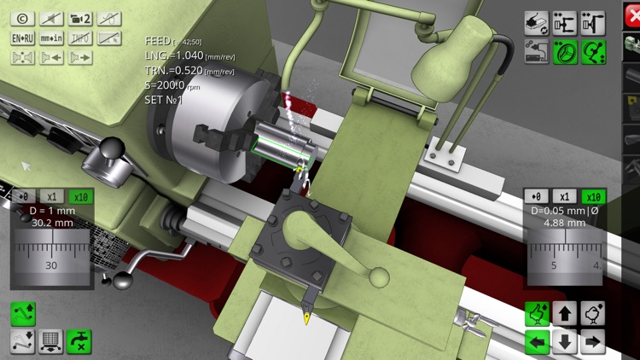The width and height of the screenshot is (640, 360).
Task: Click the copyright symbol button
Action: coord(22,19)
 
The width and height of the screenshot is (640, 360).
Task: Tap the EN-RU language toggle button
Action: coord(22,38)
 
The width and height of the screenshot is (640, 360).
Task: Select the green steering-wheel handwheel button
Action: coord(563,52)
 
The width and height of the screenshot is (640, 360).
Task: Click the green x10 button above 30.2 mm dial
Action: coord(80,196)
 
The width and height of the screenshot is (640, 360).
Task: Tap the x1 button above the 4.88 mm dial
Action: coord(564,196)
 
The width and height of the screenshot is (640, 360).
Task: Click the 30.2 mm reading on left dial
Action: coord(52,224)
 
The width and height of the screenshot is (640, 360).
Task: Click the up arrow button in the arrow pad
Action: coord(564,314)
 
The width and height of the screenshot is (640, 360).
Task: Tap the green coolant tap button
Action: coord(79,341)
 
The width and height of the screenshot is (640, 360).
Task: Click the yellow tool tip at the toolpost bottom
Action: coord(306,318)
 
